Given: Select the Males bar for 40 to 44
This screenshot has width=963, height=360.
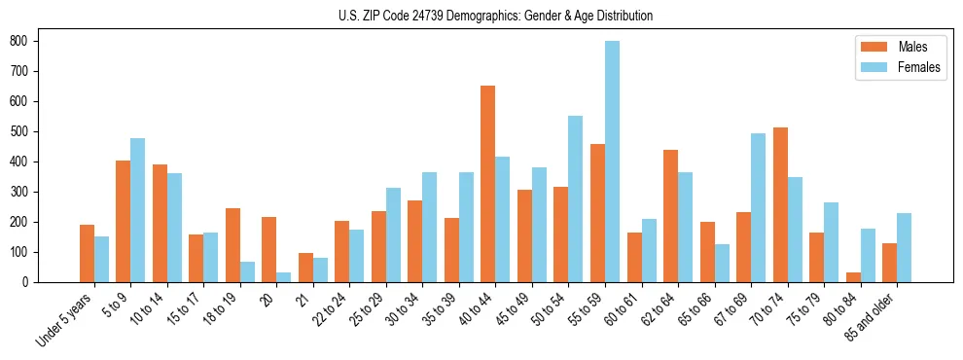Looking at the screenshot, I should [487, 184].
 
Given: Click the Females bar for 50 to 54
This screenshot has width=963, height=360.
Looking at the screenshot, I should [576, 198].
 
